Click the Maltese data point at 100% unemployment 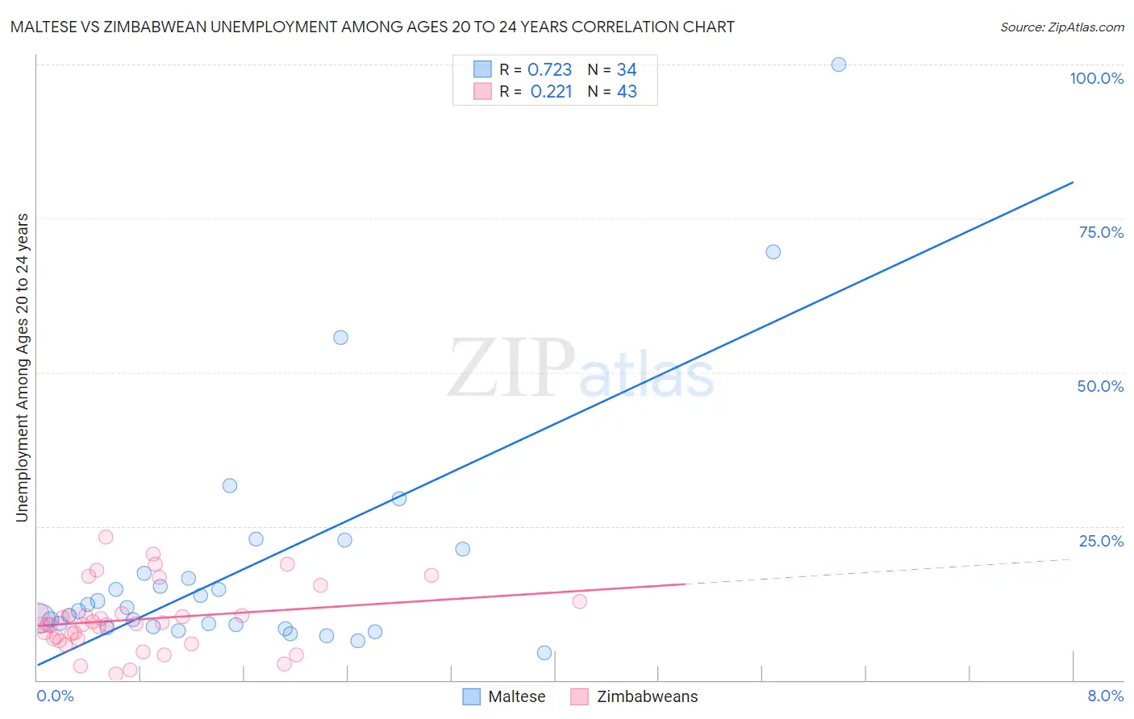839,64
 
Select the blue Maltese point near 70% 773,251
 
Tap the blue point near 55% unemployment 340,338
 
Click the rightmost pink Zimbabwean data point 579,601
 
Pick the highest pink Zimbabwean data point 106,537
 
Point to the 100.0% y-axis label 1096,78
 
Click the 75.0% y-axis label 1101,232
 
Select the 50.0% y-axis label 1100,386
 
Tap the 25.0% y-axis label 1101,541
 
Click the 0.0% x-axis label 55,696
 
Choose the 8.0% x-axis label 1105,696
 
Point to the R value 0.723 549,70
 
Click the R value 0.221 551,92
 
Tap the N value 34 627,70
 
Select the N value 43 627,92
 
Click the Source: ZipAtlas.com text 1061,27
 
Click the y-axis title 23,368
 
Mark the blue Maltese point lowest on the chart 544,653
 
